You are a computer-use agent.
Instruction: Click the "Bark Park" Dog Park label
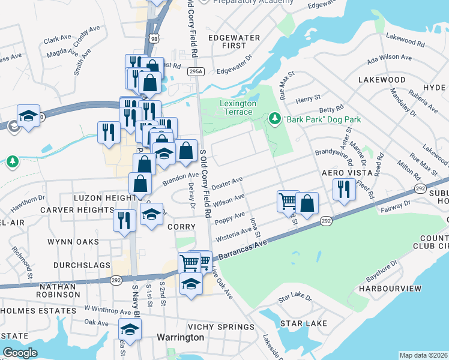point(322,119)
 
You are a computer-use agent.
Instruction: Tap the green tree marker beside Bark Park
point(275,119)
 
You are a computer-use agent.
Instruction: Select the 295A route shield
point(196,71)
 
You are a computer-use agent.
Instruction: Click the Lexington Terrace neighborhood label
point(238,108)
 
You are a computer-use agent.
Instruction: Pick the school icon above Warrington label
point(129,329)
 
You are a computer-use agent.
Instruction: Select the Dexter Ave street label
point(228,181)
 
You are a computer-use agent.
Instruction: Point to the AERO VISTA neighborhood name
point(343,172)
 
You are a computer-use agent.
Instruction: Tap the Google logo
point(20,353)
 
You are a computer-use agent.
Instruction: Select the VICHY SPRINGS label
point(221,327)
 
